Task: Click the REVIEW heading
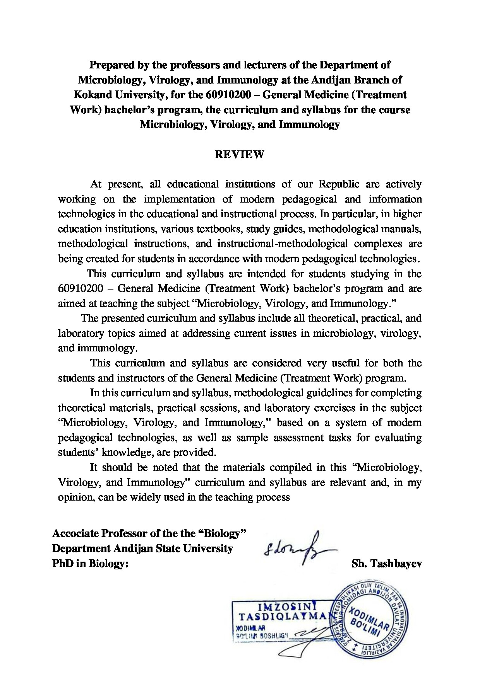pyautogui.click(x=239, y=155)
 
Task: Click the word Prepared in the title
pyautogui.click(x=109, y=65)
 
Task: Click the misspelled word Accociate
pyautogui.click(x=75, y=534)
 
